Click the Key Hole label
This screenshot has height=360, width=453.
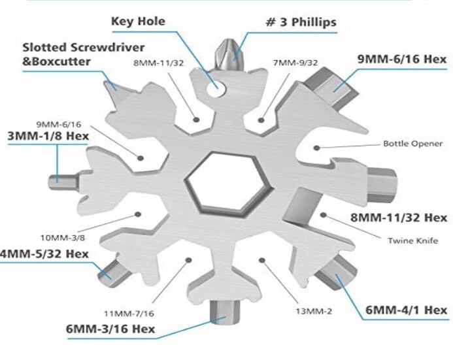[x=138, y=22]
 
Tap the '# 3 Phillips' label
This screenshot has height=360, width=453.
[x=301, y=22]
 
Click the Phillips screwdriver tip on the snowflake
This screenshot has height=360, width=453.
[x=230, y=55]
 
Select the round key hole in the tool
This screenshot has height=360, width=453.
[x=216, y=88]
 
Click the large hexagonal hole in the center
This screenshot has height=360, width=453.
[x=229, y=184]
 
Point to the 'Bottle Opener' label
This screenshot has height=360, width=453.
[x=412, y=144]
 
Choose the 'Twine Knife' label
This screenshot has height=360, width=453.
[x=413, y=240]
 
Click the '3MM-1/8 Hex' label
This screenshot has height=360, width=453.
[x=48, y=136]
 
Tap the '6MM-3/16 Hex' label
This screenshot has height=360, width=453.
[x=110, y=329]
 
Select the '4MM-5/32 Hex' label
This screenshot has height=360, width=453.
[x=44, y=254]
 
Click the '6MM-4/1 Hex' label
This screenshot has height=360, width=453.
[x=406, y=310]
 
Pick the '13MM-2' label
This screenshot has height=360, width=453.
[x=314, y=311]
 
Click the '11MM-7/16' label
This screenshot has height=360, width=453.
[x=129, y=314]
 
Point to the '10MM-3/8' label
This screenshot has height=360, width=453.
[x=63, y=238]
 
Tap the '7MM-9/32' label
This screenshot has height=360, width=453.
[x=295, y=63]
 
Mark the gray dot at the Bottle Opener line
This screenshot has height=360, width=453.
[x=316, y=148]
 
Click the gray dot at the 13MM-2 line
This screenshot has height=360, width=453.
[x=262, y=261]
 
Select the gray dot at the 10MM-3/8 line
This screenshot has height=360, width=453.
[x=138, y=214]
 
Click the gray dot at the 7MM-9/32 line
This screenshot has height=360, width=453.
[x=261, y=120]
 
